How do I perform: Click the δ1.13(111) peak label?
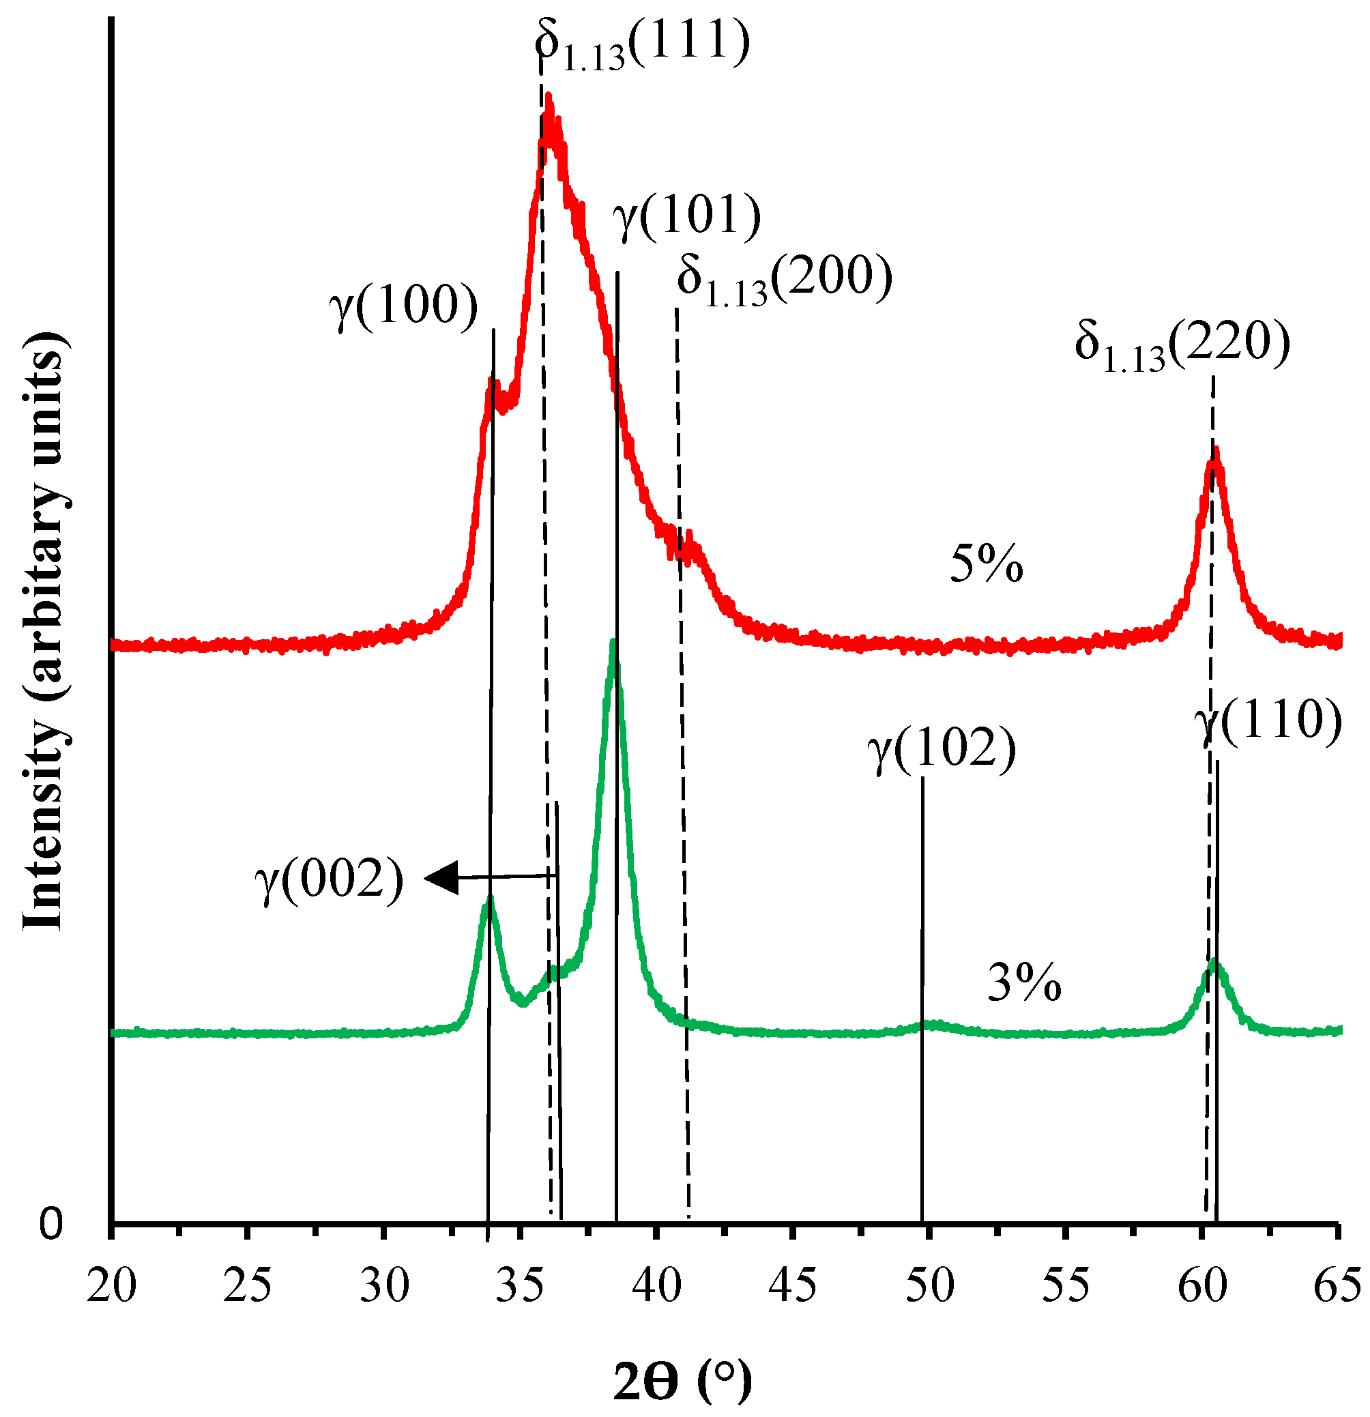[x=642, y=45]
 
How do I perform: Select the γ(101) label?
[x=686, y=218]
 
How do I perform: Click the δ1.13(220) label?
[x=1181, y=346]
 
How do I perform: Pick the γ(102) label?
[x=942, y=750]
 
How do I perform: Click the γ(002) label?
[x=329, y=881]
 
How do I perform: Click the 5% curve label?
[x=986, y=565]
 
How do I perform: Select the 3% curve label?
[x=1023, y=984]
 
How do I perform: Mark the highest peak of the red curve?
[x=549, y=98]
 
